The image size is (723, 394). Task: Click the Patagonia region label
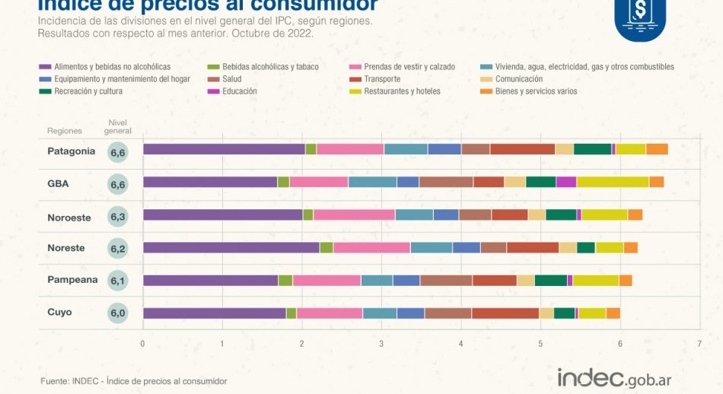pos(71,151)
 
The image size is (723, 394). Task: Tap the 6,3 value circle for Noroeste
pos(118,217)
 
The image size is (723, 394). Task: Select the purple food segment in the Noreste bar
pos(231,247)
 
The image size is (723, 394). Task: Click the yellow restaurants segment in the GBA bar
pos(612,182)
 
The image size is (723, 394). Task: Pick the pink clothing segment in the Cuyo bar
pos(330,313)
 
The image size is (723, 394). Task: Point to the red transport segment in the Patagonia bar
pos(522,149)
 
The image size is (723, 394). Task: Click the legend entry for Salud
pos(231,79)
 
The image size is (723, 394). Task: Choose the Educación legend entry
pos(239,91)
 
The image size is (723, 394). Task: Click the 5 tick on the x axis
pos(540,344)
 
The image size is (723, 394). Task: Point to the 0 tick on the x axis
pos(142,344)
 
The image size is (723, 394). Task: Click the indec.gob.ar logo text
pos(614,378)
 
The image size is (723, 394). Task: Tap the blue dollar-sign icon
pos(639,17)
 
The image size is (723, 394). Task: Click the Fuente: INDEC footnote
pos(133,381)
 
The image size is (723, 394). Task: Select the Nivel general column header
pos(118,126)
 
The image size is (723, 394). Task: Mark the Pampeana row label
pos(72,280)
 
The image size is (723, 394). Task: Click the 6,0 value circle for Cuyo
pos(118,313)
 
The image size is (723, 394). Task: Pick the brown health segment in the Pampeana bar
pos(445,280)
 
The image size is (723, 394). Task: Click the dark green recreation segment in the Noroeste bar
pos(561,214)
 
